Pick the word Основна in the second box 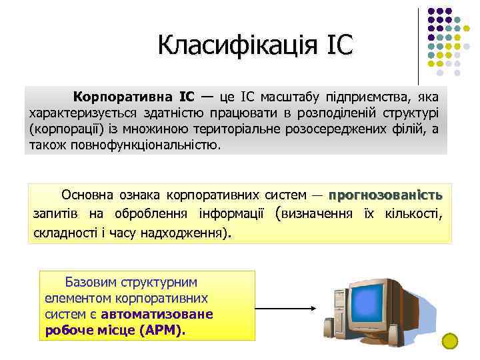(x=87, y=195)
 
